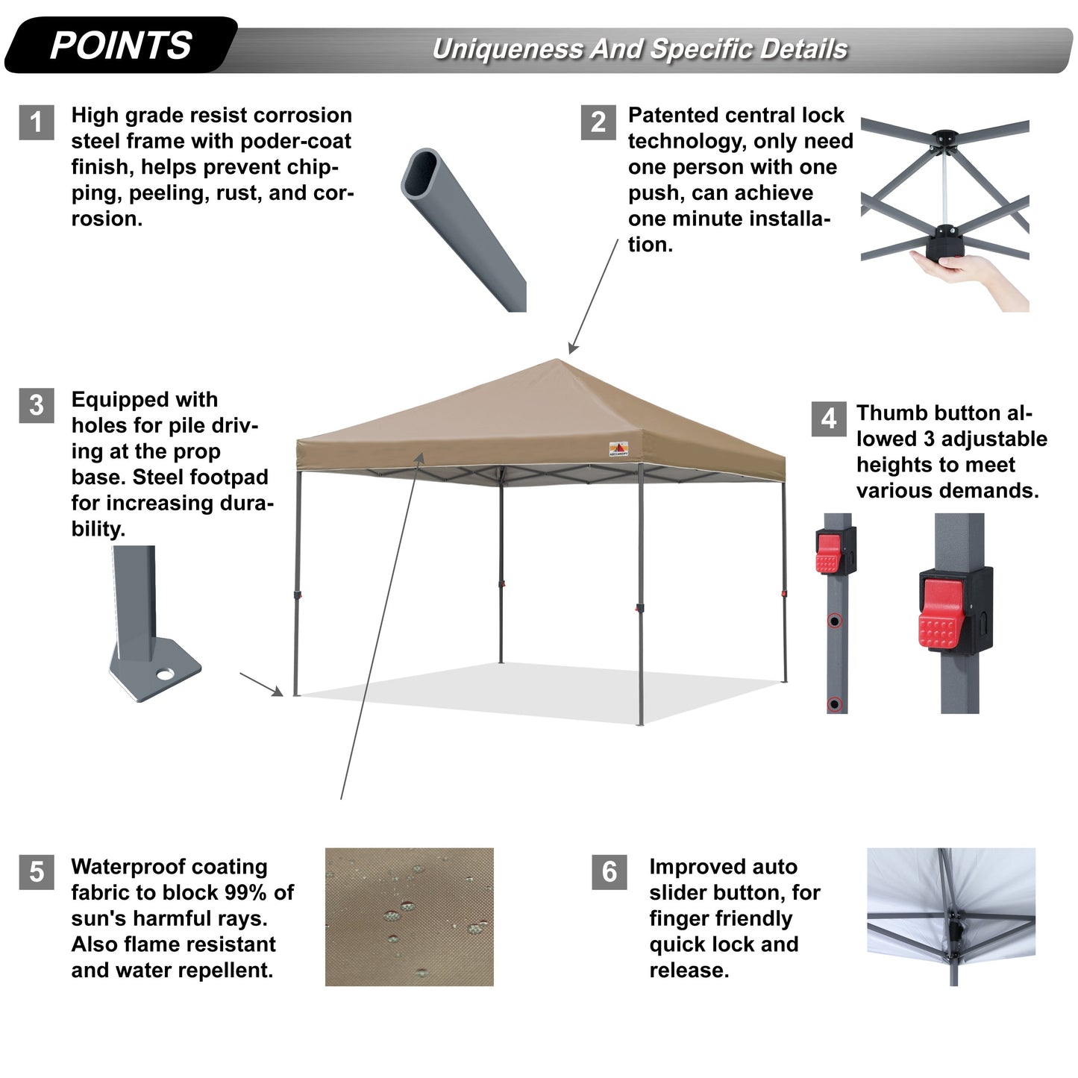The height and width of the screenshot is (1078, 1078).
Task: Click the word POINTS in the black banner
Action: point(121,46)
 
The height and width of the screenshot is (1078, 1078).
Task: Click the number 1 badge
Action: point(36,122)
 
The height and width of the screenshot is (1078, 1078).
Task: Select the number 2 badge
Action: point(598,122)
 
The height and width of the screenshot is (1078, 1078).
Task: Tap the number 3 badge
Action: point(36,405)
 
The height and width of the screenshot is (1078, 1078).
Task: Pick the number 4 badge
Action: point(829,419)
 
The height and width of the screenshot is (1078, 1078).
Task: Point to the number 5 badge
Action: point(36,872)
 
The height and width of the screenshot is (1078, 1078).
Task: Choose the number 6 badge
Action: point(609,872)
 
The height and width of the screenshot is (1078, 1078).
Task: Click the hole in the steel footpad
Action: point(165,674)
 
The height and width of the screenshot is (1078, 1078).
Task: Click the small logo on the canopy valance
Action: point(618,449)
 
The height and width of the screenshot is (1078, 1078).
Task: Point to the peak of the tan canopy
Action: point(558,361)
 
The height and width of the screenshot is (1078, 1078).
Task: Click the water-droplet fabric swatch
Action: point(409,917)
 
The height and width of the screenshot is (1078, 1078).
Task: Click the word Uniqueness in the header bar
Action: point(508,49)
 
